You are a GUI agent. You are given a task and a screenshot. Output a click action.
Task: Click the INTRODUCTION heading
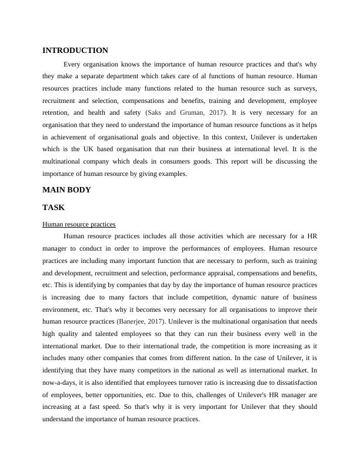[75, 51]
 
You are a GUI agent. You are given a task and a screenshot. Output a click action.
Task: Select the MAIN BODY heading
[66, 190]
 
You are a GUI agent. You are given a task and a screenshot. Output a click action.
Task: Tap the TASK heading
[54, 208]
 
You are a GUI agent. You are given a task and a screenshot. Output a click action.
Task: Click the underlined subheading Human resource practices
[79, 224]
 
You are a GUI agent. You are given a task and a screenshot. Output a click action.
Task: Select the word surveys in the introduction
[305, 88]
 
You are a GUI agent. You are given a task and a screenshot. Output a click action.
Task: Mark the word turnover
[197, 382]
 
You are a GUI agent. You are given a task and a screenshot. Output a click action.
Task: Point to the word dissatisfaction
[292, 382]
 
